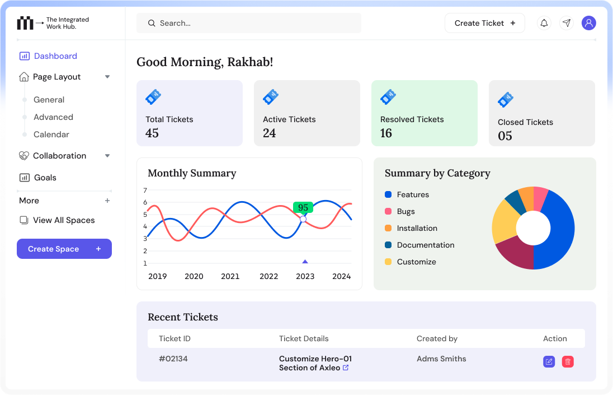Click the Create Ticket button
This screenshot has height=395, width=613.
(484, 23)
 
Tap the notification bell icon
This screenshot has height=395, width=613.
(544, 23)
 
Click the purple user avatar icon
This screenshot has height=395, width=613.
(588, 23)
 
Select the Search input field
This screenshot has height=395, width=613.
(249, 23)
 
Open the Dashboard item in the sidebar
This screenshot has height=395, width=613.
(55, 56)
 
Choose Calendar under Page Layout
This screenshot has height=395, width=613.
(51, 134)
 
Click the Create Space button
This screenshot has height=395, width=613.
(64, 249)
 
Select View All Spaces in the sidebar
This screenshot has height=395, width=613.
(63, 220)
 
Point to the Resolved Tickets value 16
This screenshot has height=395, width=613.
(386, 133)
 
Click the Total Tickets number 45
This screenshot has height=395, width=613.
(152, 133)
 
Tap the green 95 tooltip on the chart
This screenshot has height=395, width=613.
(303, 207)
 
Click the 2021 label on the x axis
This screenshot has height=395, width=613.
(230, 276)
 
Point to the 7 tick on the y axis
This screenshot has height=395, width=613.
(145, 190)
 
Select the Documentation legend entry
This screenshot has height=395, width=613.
(425, 245)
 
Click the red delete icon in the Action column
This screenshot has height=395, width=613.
(568, 362)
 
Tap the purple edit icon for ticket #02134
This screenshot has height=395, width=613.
(549, 362)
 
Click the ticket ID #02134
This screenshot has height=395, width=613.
(173, 359)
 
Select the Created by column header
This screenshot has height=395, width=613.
(437, 338)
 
